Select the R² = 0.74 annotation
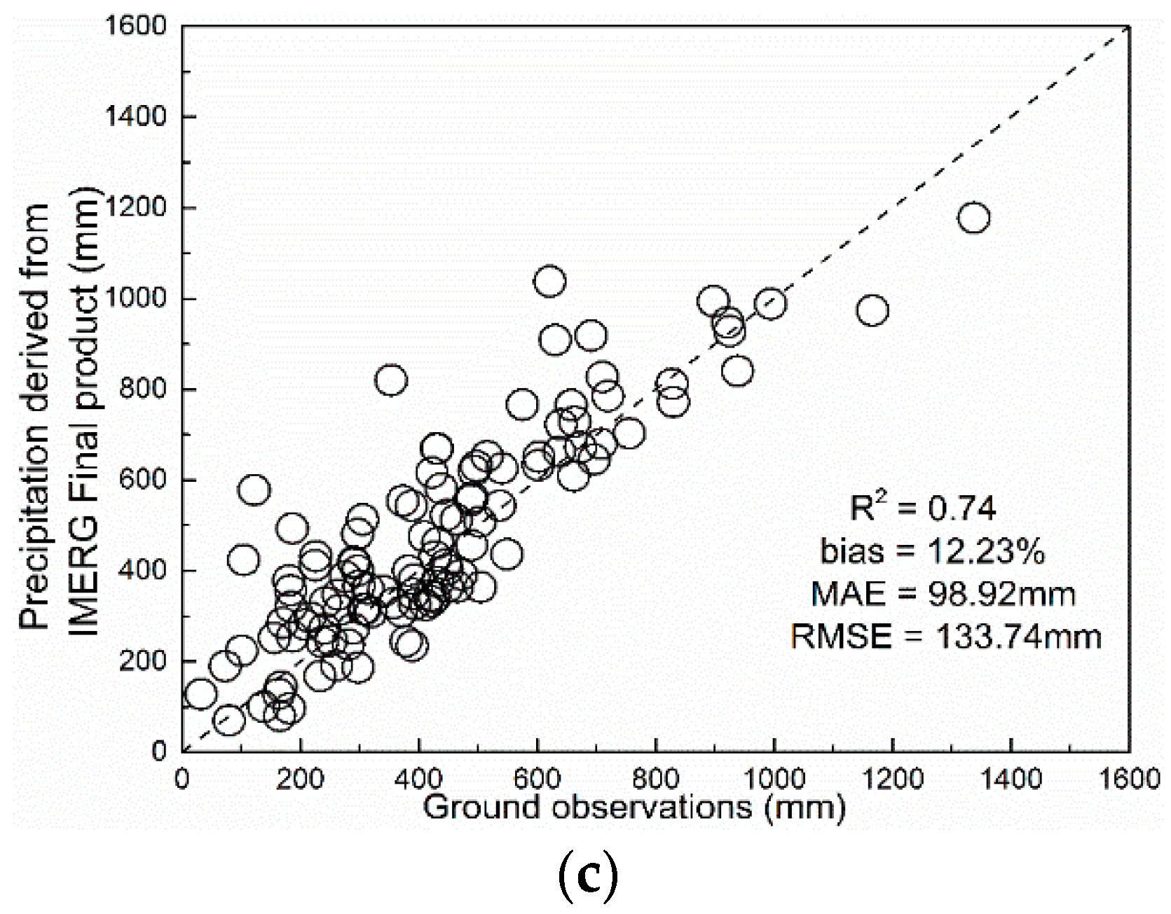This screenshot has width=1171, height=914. [x=922, y=508]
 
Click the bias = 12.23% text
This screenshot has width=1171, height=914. [x=933, y=552]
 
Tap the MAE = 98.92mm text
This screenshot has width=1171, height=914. [x=943, y=595]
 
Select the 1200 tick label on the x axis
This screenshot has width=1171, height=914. [x=892, y=779]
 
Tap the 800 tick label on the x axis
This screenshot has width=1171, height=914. [x=656, y=779]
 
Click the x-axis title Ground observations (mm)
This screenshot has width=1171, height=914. [x=634, y=808]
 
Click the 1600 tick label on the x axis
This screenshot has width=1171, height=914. [x=1128, y=779]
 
